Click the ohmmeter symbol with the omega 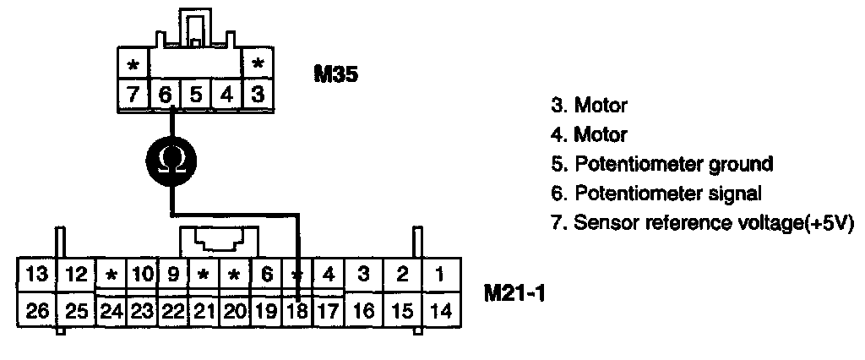[x=171, y=157]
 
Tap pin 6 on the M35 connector [x=166, y=94]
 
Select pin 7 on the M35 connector [x=133, y=94]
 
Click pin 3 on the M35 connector [x=258, y=94]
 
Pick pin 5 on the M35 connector [x=196, y=94]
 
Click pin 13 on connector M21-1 [x=36, y=275]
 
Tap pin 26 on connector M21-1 [x=36, y=310]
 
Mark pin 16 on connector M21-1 [x=363, y=310]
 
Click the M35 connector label [x=336, y=74]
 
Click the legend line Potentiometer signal [x=656, y=193]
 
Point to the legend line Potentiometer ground [x=661, y=163]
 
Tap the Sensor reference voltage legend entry [x=697, y=222]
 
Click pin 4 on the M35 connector [x=226, y=94]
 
